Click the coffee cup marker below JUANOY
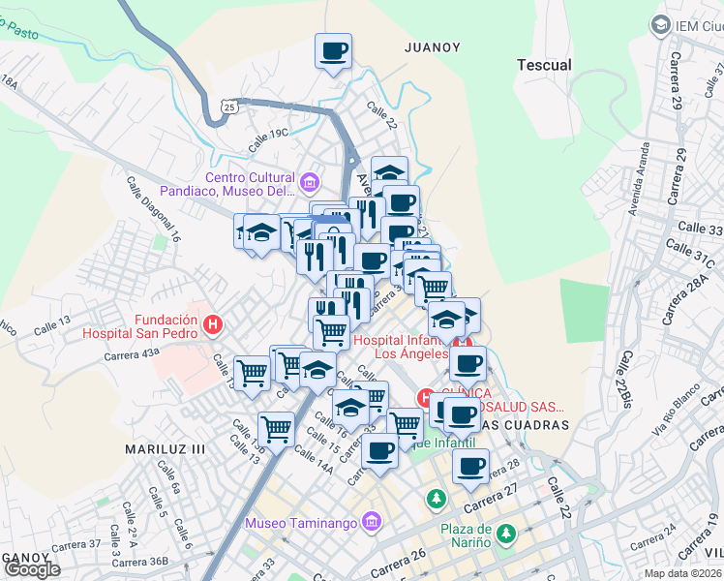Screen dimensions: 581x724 [x=333, y=50]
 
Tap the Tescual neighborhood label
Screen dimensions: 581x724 [x=544, y=65]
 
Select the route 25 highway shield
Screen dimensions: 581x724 [x=228, y=108]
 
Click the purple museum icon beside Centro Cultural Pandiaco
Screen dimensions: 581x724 [x=310, y=181]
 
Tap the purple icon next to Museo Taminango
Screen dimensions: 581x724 [x=369, y=524]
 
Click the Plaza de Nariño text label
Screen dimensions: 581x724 [x=476, y=535]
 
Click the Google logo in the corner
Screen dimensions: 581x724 [x=32, y=569]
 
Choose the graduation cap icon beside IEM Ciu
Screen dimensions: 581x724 [x=661, y=24]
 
